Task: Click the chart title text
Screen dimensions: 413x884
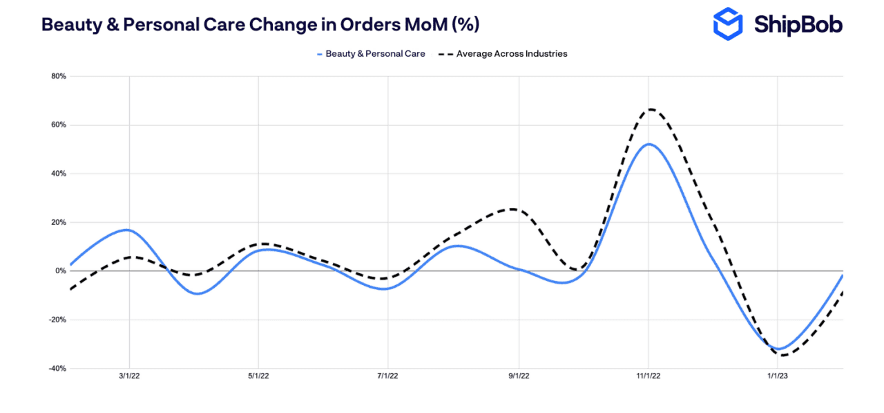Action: [x=260, y=24]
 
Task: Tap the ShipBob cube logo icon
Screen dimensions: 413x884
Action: [x=727, y=24]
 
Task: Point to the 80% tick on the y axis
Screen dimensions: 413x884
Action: [x=58, y=77]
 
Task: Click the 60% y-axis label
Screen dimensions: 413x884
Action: [x=58, y=125]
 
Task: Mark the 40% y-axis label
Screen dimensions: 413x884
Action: [x=58, y=174]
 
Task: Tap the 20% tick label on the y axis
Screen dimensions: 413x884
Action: [x=58, y=223]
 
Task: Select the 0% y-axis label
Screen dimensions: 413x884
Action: [x=60, y=271]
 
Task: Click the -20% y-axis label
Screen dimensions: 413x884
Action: [x=57, y=320]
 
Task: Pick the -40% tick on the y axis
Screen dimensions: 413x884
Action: [x=57, y=369]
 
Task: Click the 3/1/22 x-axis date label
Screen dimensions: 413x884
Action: [x=128, y=376]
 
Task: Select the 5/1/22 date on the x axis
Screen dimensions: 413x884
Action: [x=258, y=376]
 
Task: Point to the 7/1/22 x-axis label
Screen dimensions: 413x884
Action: [x=388, y=376]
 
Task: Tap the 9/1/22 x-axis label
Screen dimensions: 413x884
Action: [x=519, y=376]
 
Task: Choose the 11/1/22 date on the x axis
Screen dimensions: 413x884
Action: [x=648, y=376]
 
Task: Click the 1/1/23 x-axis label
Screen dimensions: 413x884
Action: [x=778, y=376]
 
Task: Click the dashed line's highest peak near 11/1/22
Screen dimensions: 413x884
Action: [x=650, y=109]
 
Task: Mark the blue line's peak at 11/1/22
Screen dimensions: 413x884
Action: [x=648, y=144]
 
